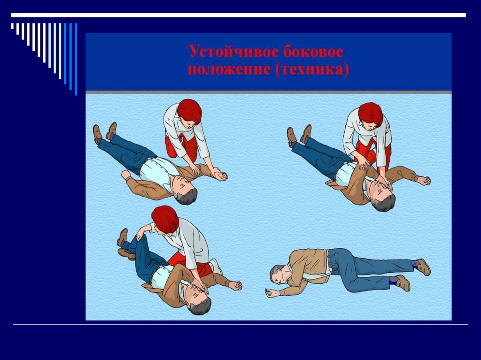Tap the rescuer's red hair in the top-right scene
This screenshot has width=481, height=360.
(371, 114)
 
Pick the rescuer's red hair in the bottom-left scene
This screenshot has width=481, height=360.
(165, 219)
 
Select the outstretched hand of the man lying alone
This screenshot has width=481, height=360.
(272, 293)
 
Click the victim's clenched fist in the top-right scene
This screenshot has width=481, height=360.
(424, 181)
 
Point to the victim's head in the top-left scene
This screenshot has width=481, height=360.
(184, 190)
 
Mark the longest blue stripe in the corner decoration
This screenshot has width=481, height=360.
(76, 59)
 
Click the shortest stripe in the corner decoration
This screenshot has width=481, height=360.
(12, 26)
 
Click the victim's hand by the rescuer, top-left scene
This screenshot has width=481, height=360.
(220, 176)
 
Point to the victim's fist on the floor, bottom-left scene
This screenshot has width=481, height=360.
(235, 285)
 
